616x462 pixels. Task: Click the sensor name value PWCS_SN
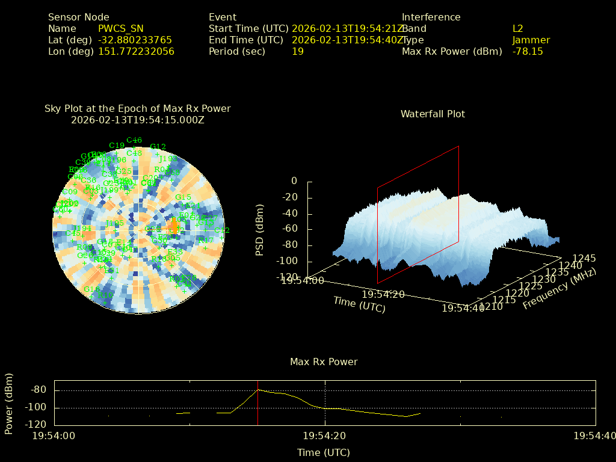pyautogui.click(x=120, y=28)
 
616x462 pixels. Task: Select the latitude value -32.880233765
pyautogui.click(x=135, y=40)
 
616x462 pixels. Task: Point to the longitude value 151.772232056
pyautogui.click(x=136, y=51)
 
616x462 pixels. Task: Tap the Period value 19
pyautogui.click(x=297, y=51)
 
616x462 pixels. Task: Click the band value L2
pyautogui.click(x=517, y=28)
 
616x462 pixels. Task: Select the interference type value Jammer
pyautogui.click(x=531, y=40)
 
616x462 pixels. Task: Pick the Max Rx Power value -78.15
pyautogui.click(x=528, y=51)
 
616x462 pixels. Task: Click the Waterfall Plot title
pyautogui.click(x=433, y=114)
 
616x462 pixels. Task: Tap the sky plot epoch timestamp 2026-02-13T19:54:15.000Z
pyautogui.click(x=138, y=120)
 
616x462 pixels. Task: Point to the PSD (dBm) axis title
pyautogui.click(x=260, y=229)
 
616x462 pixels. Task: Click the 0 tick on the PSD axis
pyautogui.click(x=294, y=181)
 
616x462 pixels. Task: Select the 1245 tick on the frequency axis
pyautogui.click(x=584, y=258)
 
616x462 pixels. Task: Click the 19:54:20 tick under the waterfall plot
pyautogui.click(x=383, y=294)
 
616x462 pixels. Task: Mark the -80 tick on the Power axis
pyautogui.click(x=38, y=390)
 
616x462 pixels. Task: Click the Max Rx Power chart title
pyautogui.click(x=324, y=362)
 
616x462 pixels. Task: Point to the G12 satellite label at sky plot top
pyautogui.click(x=158, y=147)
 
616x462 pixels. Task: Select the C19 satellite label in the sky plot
pyautogui.click(x=117, y=146)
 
